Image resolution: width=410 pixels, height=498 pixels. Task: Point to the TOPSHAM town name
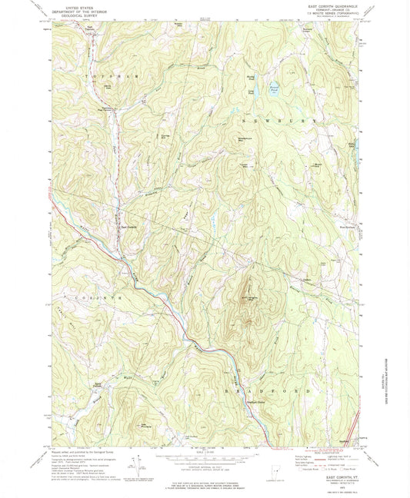point(100,77)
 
